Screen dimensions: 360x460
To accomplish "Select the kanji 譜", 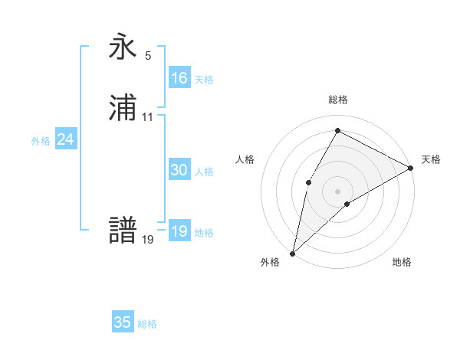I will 123,231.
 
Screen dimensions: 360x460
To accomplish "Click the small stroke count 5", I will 148,56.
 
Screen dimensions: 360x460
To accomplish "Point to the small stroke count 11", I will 148,117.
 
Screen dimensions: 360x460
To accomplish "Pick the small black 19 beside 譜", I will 148,239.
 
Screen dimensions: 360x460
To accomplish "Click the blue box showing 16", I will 179,78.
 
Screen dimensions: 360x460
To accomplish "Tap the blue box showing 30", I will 179,171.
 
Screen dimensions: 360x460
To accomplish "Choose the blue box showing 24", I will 66,139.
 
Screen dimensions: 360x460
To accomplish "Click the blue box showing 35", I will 122,322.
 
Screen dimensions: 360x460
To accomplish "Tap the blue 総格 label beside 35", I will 147,324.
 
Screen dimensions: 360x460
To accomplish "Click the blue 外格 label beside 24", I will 41,141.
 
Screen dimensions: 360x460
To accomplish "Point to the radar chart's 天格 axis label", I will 431,159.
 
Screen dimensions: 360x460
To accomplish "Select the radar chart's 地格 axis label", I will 402,262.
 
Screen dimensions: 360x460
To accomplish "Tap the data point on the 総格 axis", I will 337,130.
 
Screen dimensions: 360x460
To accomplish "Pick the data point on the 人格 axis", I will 308,182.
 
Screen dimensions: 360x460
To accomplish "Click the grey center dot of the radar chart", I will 337,191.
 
